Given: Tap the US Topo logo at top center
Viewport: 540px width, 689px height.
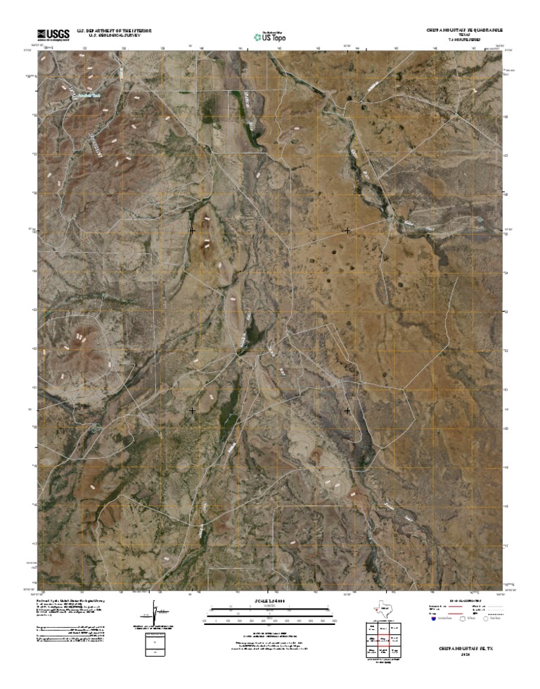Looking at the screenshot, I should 270,35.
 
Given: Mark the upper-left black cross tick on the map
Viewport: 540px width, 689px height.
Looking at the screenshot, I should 192,230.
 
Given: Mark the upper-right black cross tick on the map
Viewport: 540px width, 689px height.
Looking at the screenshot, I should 347,230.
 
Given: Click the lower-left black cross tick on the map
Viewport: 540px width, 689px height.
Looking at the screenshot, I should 193,410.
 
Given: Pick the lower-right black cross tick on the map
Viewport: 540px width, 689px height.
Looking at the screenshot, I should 347,410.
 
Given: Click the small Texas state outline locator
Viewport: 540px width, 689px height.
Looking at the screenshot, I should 382,607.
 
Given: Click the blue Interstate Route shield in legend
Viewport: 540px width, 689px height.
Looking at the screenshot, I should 432,619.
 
